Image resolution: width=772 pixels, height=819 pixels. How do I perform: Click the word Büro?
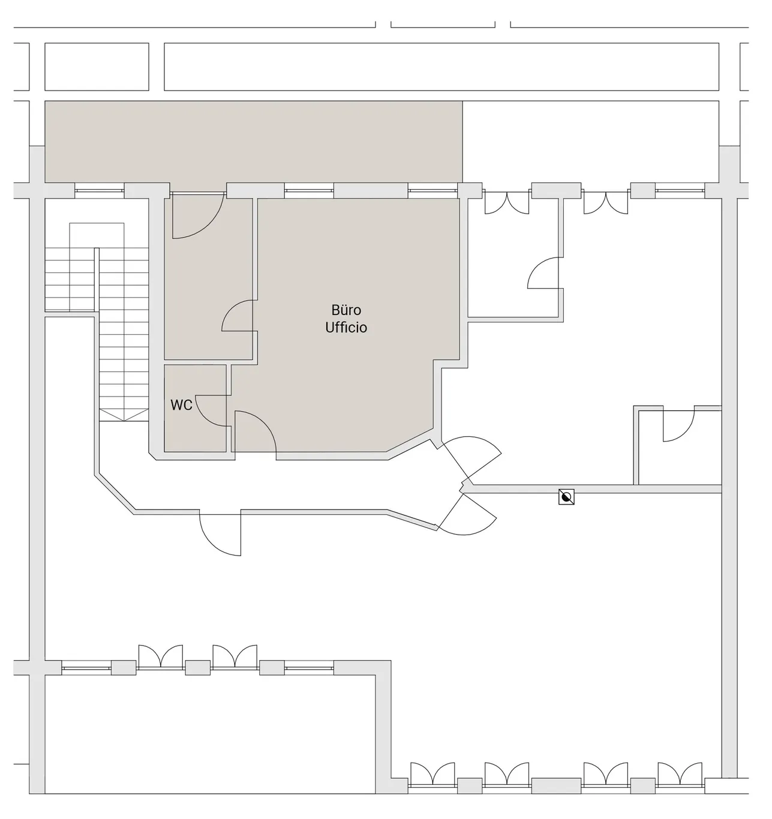tap(346, 310)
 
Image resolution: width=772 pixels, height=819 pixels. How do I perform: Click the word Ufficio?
tap(346, 327)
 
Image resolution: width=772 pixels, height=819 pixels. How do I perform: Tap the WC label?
tap(181, 405)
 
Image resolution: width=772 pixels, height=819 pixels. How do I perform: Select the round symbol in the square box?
tap(566, 497)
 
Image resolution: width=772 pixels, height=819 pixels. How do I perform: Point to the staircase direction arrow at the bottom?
tap(124, 415)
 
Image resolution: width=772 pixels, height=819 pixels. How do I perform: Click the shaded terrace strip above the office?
tap(253, 142)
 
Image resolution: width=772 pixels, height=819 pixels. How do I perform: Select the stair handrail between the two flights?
tap(97, 279)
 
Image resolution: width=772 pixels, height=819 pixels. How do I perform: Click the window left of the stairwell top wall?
tap(100, 191)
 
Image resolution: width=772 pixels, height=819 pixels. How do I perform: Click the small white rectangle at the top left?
tap(97, 67)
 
